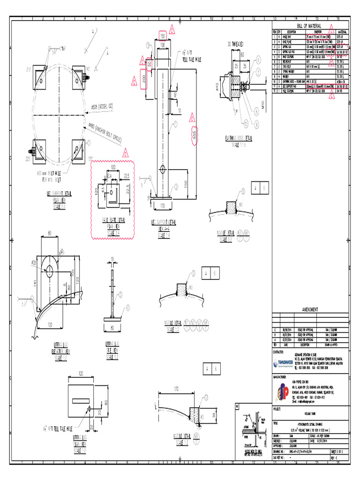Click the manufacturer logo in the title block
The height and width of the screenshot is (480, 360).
[x=282, y=392]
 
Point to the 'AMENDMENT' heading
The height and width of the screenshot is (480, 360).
[x=310, y=310]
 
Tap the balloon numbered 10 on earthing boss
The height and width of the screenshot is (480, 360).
[x=246, y=124]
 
